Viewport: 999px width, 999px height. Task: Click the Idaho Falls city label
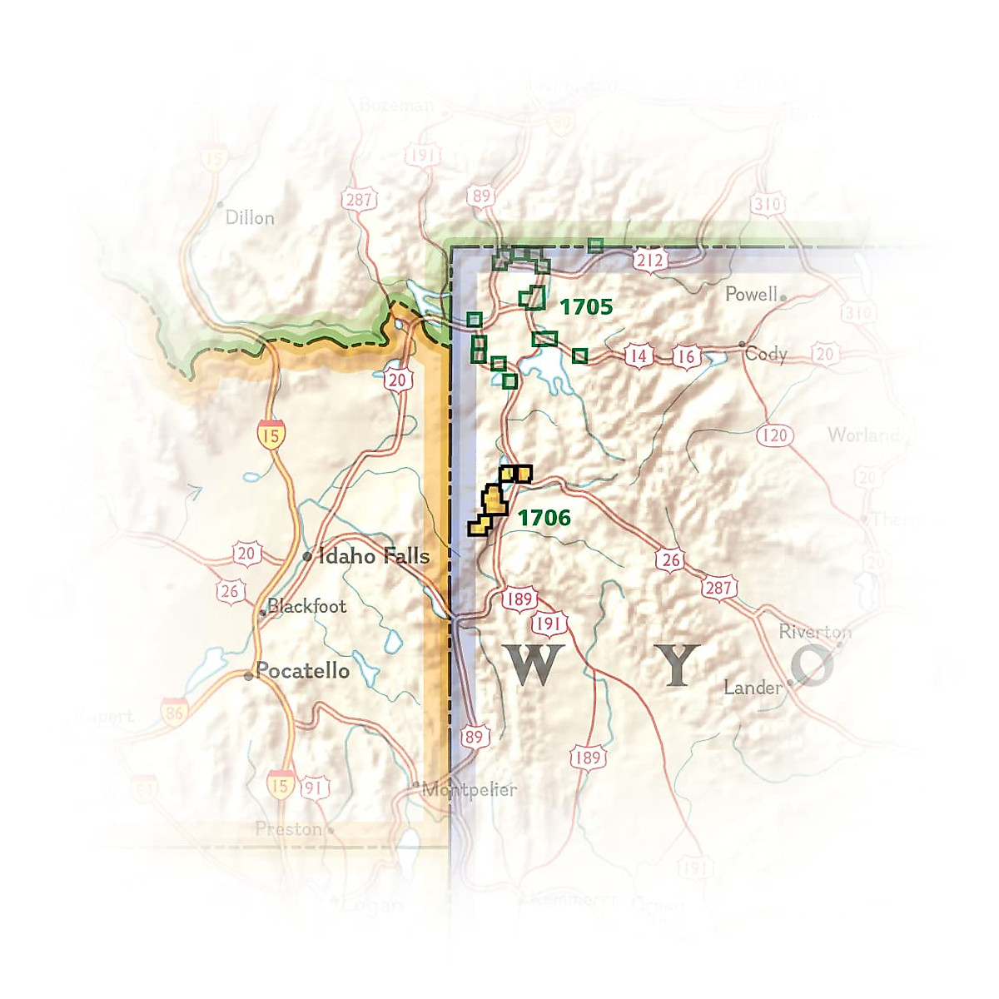coord(374,556)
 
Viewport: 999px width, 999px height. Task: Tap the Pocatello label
coord(302,671)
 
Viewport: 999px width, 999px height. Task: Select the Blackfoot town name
coord(306,606)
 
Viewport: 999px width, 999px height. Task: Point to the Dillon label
coord(250,218)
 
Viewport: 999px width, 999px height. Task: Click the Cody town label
coord(766,354)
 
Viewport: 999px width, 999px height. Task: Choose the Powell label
coord(751,294)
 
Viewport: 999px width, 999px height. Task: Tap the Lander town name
coord(753,688)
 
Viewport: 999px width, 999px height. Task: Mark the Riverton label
coord(814,632)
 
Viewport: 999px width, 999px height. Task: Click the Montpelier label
coord(470,789)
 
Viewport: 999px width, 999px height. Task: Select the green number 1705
coord(586,307)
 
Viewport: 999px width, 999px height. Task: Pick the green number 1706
coord(544,519)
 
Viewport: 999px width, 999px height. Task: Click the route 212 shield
coord(649,261)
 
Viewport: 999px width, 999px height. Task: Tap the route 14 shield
coord(638,357)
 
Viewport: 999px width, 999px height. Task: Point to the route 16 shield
coord(684,357)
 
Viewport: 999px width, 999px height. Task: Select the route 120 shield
coord(774,435)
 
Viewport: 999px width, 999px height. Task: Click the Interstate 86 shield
coord(174,713)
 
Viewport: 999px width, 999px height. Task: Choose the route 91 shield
coord(313,788)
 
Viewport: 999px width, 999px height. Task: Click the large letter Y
coord(678,665)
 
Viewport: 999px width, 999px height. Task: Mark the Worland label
coord(862,435)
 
